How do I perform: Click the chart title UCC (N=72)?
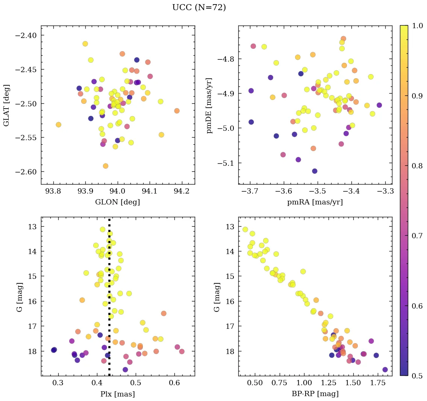pyautogui.click(x=199, y=8)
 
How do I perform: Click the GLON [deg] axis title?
pyautogui.click(x=118, y=202)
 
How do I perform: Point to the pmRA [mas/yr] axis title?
pyautogui.click(x=315, y=202)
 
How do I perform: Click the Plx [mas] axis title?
pyautogui.click(x=118, y=394)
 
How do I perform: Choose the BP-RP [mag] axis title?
pyautogui.click(x=315, y=394)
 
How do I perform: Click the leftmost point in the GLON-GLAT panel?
pyautogui.click(x=58, y=125)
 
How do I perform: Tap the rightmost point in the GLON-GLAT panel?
pyautogui.click(x=177, y=111)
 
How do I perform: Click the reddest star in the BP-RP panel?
pyautogui.click(x=385, y=369)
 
